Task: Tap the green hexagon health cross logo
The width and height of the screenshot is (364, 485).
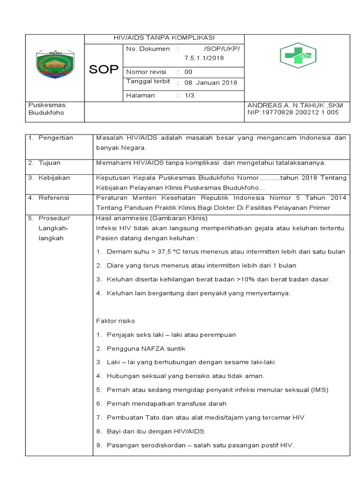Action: pyautogui.click(x=297, y=56)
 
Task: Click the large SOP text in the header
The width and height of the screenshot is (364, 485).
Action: pyautogui.click(x=104, y=70)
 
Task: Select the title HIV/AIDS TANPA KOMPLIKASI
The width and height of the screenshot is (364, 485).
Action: pyautogui.click(x=164, y=38)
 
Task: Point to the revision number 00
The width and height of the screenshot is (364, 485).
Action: pyautogui.click(x=188, y=72)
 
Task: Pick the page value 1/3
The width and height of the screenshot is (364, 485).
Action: pyautogui.click(x=189, y=95)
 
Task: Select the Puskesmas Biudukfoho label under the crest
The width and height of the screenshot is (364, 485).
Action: pyautogui.click(x=46, y=109)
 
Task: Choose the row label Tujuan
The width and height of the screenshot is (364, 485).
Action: pyautogui.click(x=50, y=162)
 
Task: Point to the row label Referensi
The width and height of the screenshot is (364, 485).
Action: pyautogui.click(x=54, y=198)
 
